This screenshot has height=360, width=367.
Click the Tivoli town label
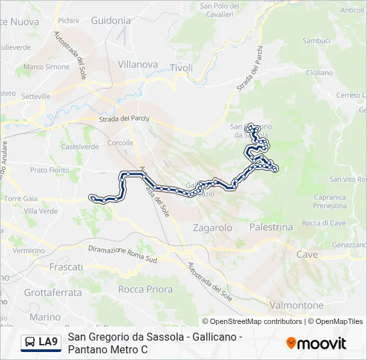[181, 68]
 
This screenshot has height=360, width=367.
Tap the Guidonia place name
[111, 21]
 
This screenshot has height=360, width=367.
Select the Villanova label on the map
[137, 65]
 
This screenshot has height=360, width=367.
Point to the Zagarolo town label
[212, 227]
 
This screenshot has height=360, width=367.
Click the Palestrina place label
[271, 227]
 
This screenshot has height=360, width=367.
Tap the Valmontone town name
[298, 305]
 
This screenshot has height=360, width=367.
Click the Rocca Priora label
[145, 289]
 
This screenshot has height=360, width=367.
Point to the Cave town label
[308, 255]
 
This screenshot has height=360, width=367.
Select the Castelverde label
[80, 147]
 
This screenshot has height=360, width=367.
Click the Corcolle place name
[121, 143]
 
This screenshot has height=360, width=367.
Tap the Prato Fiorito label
[50, 170]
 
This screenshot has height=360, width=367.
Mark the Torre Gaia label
[21, 198]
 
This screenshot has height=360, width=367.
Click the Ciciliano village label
[318, 72]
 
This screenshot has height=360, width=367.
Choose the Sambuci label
[316, 41]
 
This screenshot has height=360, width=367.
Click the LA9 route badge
[48, 342]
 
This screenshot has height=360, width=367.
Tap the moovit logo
[316, 343]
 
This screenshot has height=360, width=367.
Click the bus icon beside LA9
[31, 342]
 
